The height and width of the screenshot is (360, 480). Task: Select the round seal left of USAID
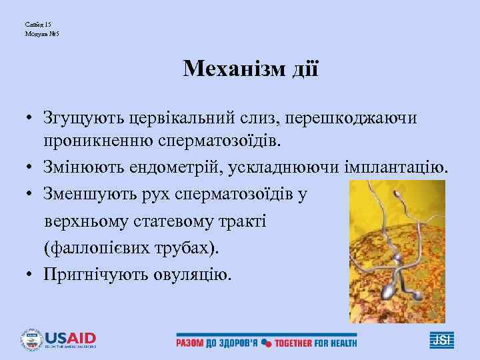pos(32,339)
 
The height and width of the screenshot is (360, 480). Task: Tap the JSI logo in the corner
pos(441,340)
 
